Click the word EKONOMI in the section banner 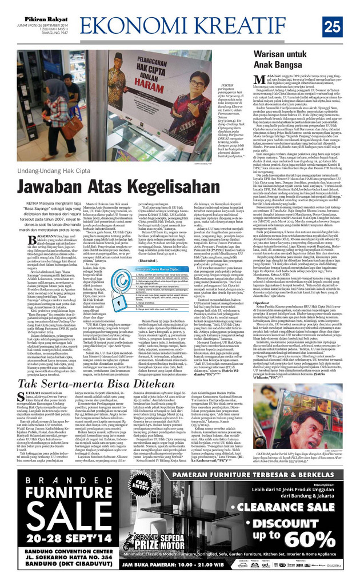point(142,26)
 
